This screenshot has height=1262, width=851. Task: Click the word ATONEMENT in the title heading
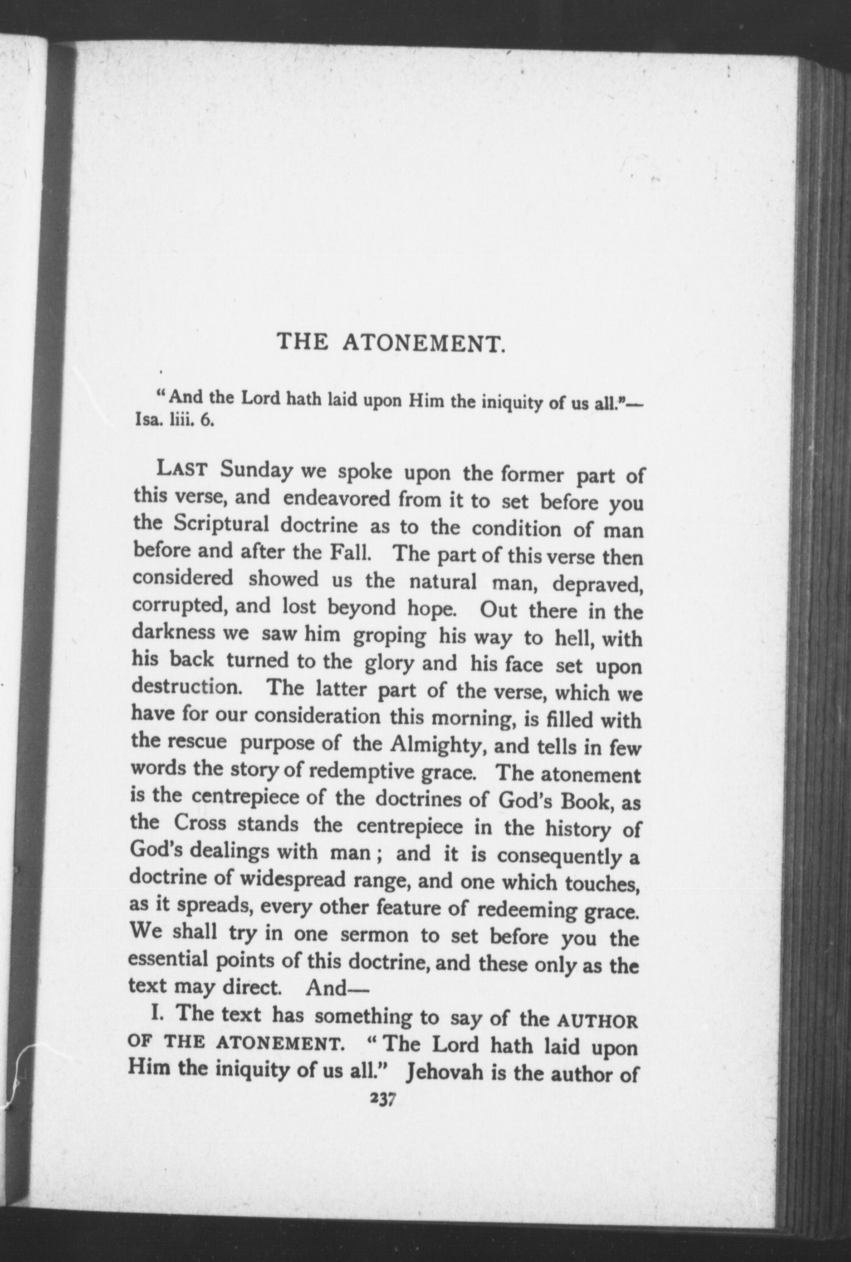[x=424, y=343]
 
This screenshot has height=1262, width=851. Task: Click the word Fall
[x=350, y=551]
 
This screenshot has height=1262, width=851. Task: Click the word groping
[x=389, y=637]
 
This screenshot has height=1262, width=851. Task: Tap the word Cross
[x=200, y=823]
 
